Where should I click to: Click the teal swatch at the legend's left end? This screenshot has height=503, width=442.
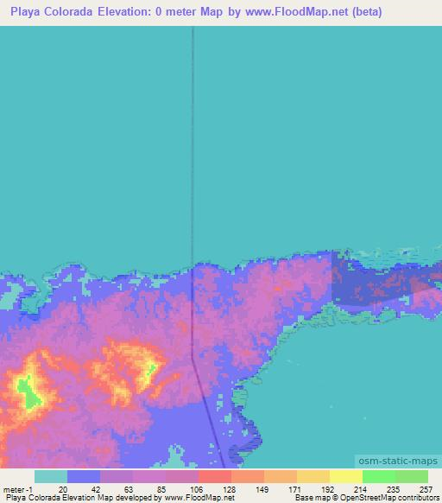pos(50,476)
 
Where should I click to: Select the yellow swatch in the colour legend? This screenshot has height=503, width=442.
pos(345,476)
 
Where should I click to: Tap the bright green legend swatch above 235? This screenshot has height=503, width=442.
pos(378,476)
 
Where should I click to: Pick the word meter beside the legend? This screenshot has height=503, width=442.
pos(16,488)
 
